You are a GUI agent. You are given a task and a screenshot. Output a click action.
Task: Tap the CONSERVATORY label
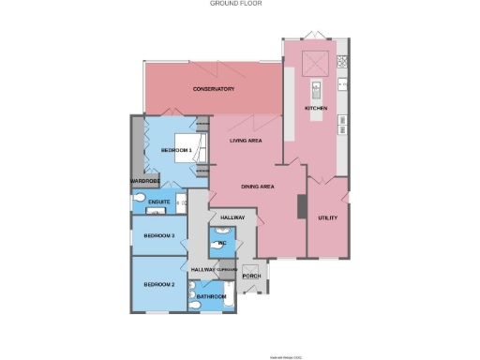tap(213, 89)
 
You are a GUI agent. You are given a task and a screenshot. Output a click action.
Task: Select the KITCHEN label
tap(316, 109)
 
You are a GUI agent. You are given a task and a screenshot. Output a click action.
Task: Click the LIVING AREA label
tap(245, 141)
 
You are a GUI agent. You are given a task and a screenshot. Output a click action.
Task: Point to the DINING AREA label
tap(257, 187)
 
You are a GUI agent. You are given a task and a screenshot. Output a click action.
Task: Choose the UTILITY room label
tap(327, 217)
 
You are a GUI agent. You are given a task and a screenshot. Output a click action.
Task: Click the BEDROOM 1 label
tap(176, 150)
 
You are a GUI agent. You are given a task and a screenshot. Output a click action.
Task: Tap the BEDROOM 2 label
tap(159, 284)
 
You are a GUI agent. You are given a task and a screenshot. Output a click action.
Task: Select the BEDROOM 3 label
tap(159, 236)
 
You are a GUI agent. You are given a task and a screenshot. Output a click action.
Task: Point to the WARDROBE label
tap(144, 181)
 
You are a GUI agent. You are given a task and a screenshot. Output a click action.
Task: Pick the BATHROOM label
tap(211, 297)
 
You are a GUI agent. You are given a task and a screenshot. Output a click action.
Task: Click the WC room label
tap(221, 244)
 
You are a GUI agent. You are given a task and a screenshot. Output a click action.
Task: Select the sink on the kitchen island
tap(317, 91)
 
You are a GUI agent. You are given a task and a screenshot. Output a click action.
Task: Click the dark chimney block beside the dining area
tap(301, 206)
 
